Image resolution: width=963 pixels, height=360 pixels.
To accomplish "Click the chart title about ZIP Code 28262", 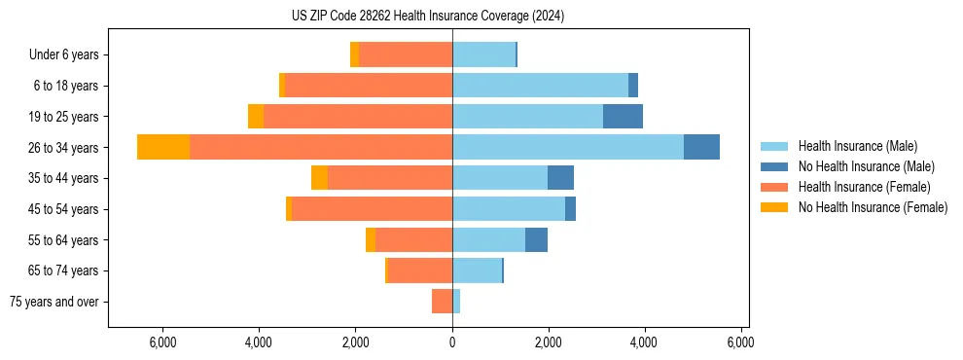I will (x=428, y=16).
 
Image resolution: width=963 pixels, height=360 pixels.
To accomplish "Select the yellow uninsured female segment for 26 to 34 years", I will (x=163, y=147).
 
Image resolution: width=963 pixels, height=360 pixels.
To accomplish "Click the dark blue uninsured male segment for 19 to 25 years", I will (x=623, y=116).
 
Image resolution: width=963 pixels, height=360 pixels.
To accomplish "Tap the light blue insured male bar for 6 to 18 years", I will (x=540, y=85).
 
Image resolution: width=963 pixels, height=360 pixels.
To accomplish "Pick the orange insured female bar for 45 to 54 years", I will (x=372, y=208).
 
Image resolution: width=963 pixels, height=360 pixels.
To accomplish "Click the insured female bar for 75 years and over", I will (x=442, y=302).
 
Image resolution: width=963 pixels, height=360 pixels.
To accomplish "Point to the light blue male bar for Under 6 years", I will (x=483, y=54).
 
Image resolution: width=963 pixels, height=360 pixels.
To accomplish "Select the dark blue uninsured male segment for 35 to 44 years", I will (x=560, y=177).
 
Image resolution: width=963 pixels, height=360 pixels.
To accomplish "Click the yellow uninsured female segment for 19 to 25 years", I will (x=256, y=116).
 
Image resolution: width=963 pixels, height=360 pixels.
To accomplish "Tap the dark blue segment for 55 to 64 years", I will (x=536, y=239).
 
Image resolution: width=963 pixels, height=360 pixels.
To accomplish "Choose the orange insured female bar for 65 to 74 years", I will (x=420, y=270).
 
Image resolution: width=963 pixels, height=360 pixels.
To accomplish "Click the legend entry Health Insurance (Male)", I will (x=856, y=146).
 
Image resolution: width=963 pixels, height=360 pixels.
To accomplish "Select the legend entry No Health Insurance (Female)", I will (x=873, y=207).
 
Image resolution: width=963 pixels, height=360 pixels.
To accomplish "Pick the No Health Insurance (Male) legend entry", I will (x=866, y=166).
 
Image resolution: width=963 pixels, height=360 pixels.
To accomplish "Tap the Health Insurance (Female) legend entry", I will (x=864, y=187).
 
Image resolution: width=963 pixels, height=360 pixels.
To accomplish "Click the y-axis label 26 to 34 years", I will (x=64, y=147).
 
